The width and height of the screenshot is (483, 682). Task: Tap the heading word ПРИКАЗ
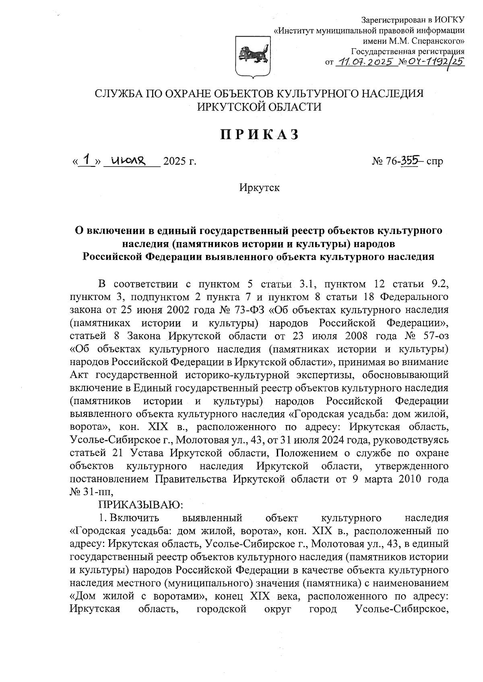pos(259,134)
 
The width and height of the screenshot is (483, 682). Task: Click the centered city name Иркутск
pos(259,188)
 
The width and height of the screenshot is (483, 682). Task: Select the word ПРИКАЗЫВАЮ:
pos(141,504)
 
